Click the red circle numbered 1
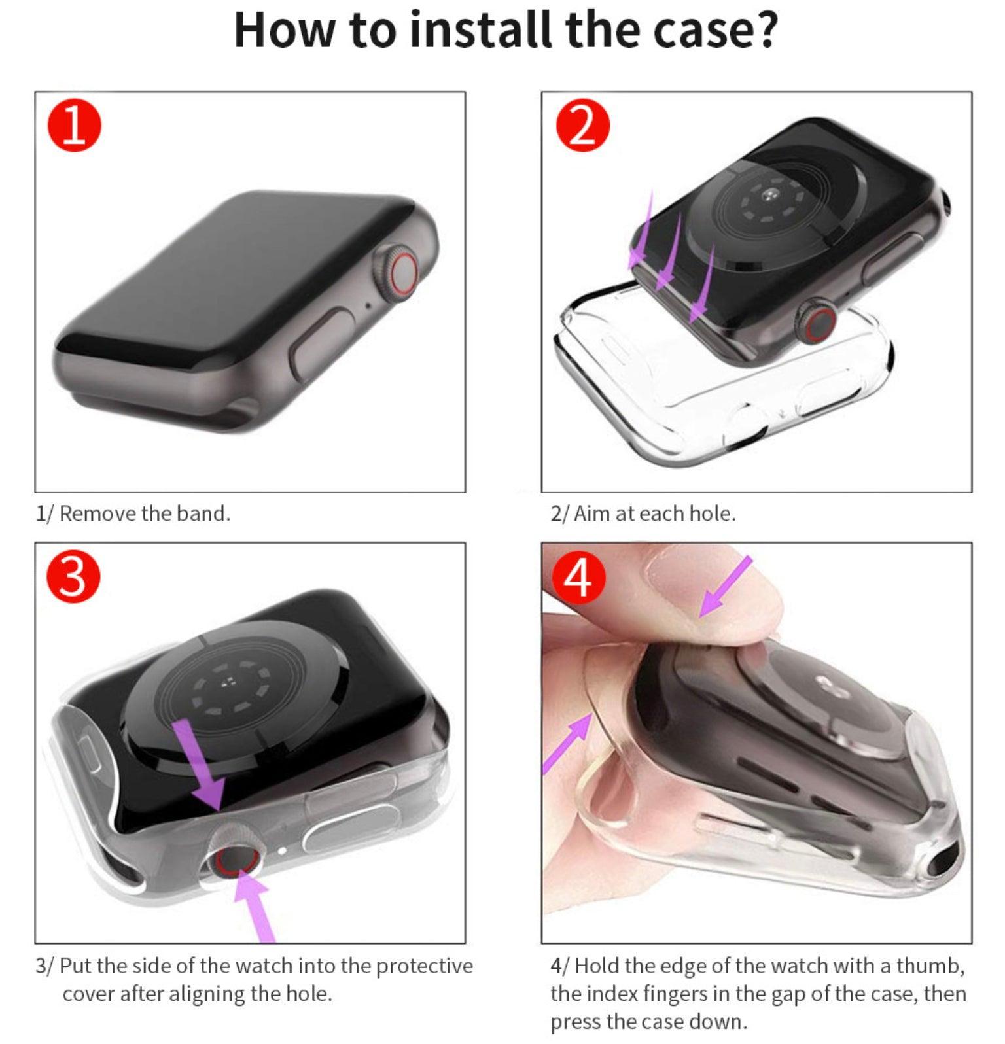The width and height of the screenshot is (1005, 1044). pos(75,126)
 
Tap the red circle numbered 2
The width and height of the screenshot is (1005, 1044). pos(582,126)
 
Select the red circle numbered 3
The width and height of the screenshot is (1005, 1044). pos(74,578)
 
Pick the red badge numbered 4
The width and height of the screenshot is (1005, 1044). pos(579,578)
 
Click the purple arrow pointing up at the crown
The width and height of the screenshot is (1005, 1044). pos(254,906)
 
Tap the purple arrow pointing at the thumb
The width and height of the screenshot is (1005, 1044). pos(724,587)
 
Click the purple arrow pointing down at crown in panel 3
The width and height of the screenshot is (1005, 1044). pos(201,765)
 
